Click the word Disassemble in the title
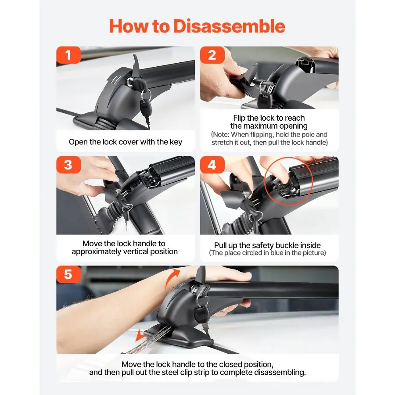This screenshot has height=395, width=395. click(229, 26)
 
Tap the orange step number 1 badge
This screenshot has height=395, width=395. click(68, 55)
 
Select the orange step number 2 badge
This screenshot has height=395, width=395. click(212, 55)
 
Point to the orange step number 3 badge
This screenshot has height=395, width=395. click(68, 165)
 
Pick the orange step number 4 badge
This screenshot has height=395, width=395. click(212, 165)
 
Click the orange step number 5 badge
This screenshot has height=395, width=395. click(68, 274)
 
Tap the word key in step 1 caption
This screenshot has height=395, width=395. click(176, 142)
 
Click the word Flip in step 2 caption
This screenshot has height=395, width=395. click(239, 118)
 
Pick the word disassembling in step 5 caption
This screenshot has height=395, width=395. click(280, 372)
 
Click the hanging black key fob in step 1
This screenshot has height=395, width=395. click(146, 108)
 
